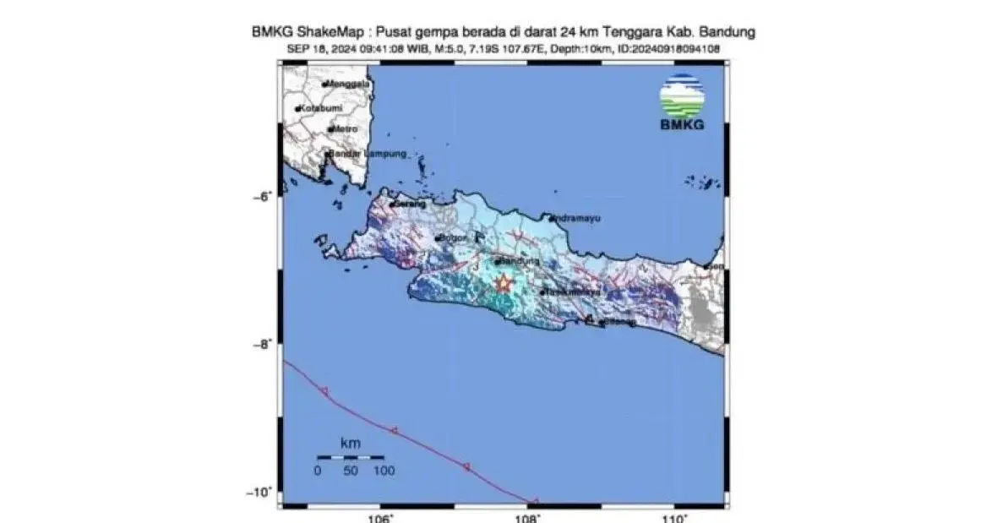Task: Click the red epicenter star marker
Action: [504, 284]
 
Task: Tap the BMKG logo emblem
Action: [682, 97]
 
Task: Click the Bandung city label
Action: [518, 262]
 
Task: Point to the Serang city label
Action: [410, 204]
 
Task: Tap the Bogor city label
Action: [453, 238]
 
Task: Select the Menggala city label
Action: [349, 84]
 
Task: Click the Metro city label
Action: [345, 129]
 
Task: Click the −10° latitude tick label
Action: [263, 492]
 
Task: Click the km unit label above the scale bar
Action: [349, 443]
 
